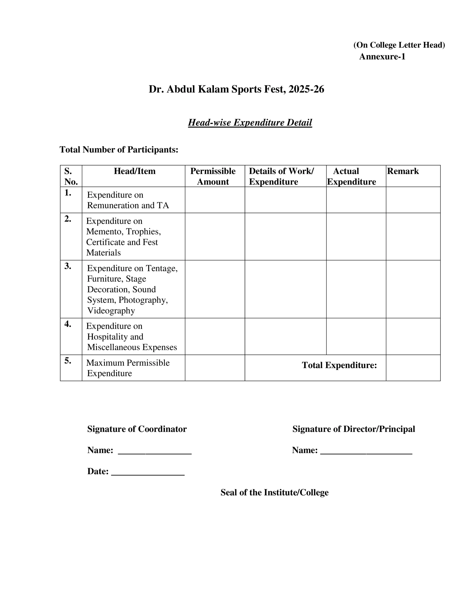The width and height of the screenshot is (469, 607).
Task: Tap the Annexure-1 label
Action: click(382, 57)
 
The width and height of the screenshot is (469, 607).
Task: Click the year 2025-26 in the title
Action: click(306, 89)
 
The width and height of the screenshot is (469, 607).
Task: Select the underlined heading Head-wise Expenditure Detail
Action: click(250, 123)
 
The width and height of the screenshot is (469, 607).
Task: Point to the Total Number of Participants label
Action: click(119, 150)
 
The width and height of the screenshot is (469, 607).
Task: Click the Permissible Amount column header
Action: click(213, 176)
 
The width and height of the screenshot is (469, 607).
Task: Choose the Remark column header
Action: click(403, 171)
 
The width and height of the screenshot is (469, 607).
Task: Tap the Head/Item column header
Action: click(134, 171)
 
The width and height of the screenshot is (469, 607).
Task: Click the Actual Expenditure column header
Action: click(351, 176)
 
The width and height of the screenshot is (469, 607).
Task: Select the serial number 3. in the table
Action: click(68, 266)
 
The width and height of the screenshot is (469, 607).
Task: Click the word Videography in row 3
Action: click(111, 310)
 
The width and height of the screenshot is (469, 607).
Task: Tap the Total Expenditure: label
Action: click(339, 365)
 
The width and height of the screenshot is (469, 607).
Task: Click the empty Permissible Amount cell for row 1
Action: click(215, 200)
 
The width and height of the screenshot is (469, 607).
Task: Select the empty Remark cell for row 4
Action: click(413, 336)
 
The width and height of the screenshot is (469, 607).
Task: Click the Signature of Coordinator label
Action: click(137, 429)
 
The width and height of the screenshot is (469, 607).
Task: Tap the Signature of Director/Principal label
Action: click(353, 429)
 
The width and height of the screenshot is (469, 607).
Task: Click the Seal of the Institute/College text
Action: click(274, 492)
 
